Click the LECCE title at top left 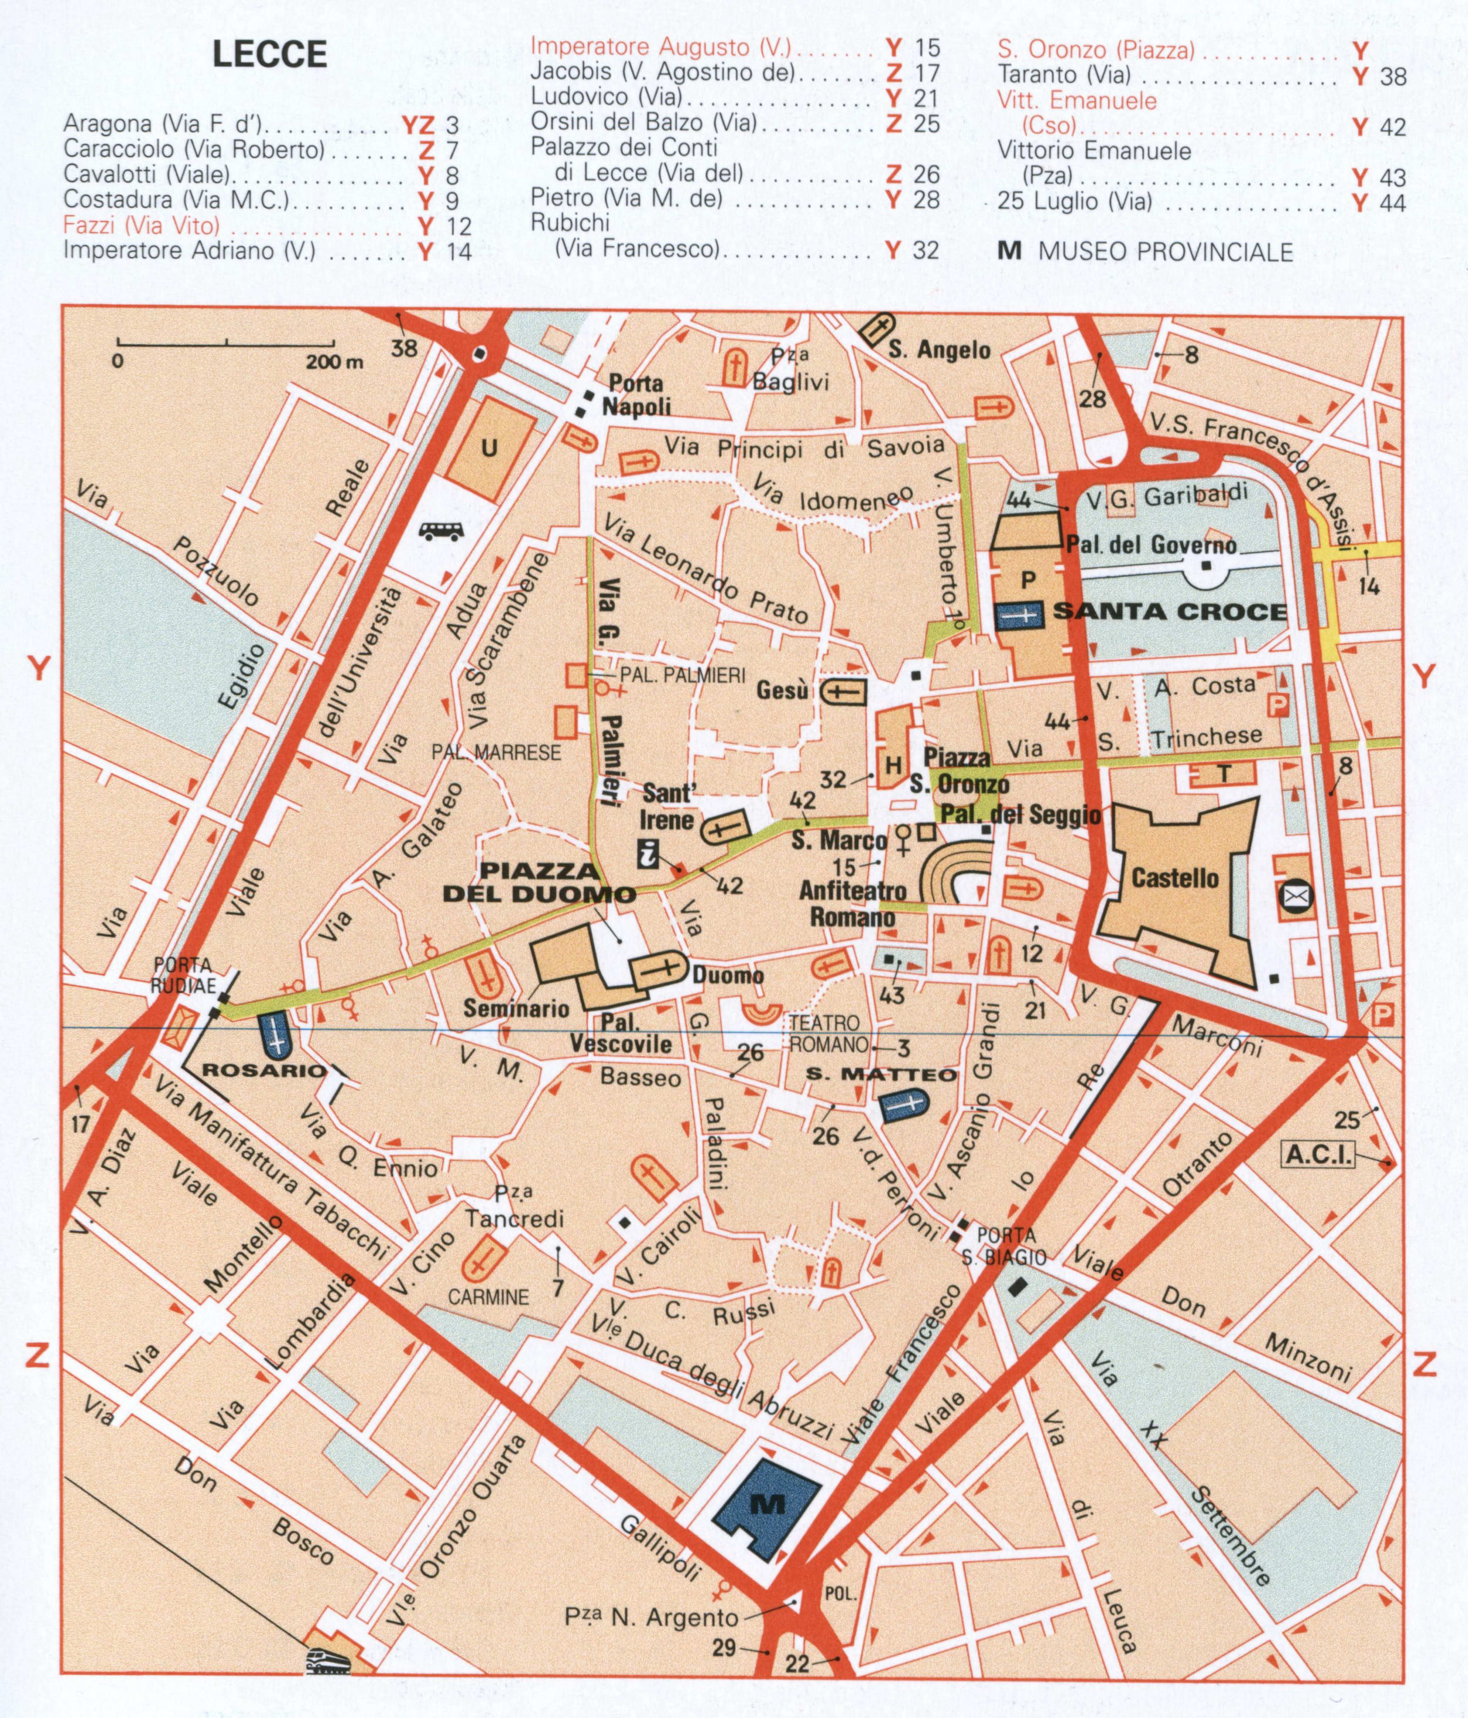tap(270, 55)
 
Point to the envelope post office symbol tap(1295, 897)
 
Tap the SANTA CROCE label tap(1170, 612)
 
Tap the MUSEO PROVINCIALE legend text tap(1165, 252)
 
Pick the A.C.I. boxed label tap(1318, 1154)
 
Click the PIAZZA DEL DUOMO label tap(540, 882)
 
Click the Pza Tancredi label tap(514, 1208)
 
